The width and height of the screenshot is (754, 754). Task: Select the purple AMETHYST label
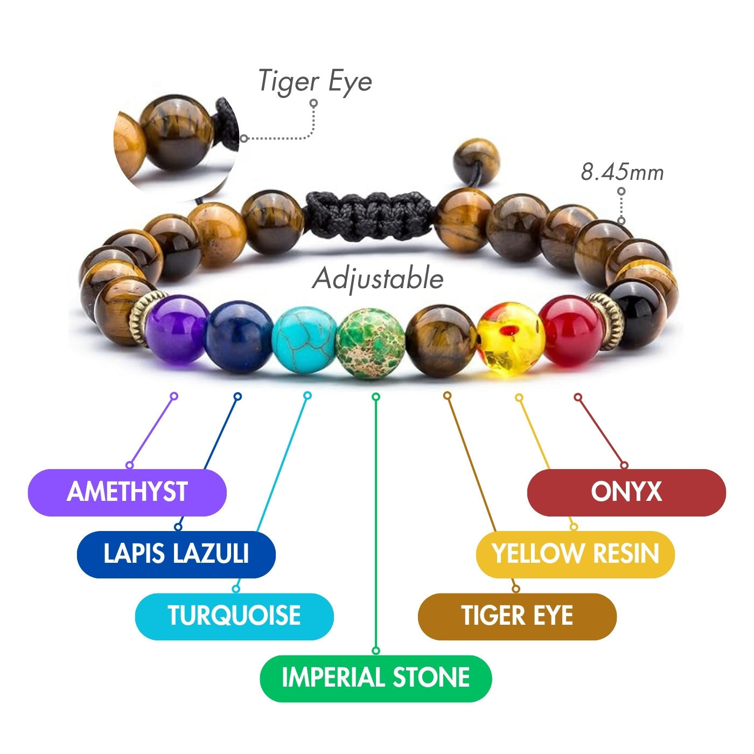tap(127, 492)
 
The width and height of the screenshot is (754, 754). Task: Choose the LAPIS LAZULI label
tap(176, 554)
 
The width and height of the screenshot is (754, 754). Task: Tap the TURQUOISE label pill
tap(234, 616)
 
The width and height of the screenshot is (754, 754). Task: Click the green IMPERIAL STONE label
tap(375, 678)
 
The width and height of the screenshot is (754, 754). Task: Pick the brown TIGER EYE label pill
tap(517, 616)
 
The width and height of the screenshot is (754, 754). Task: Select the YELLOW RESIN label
tap(575, 554)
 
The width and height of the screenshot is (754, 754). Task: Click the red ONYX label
tap(626, 492)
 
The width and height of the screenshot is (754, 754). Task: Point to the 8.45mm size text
tap(622, 173)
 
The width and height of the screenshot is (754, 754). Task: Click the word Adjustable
tap(378, 279)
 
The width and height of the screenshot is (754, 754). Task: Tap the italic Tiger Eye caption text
tap(315, 81)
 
